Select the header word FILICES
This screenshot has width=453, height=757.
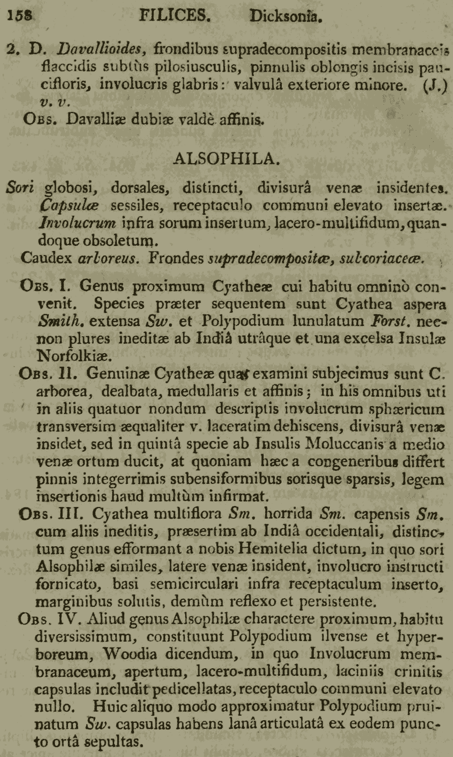point(174,16)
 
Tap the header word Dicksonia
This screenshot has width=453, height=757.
point(285,17)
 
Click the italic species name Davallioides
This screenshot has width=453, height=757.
point(102,49)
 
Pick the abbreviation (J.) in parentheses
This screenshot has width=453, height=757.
point(435,85)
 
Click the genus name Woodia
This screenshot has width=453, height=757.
point(130,654)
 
